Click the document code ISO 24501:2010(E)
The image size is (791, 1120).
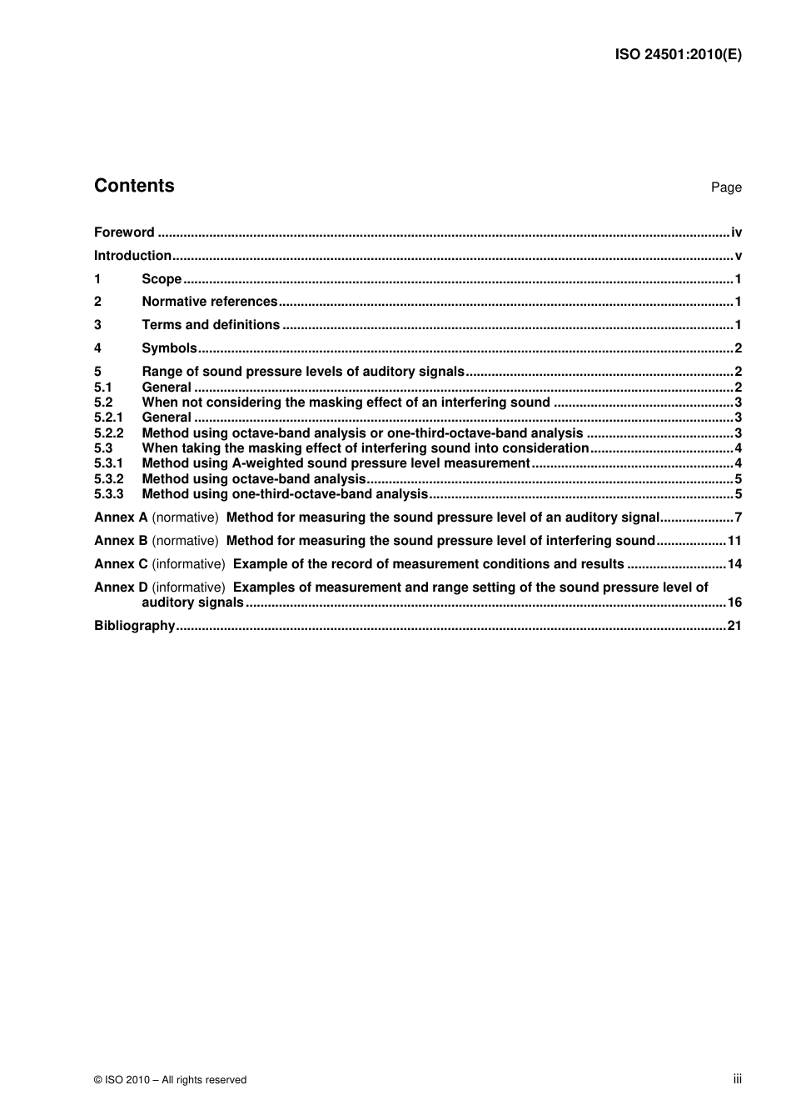coord(678,55)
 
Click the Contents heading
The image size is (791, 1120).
coord(134,186)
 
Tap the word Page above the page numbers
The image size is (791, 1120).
coord(726,187)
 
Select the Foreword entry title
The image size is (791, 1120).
coord(124,232)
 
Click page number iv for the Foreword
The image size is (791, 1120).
coord(736,232)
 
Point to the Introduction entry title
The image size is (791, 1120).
coord(132,256)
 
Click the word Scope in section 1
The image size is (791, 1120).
coord(162,279)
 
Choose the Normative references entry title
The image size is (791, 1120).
coord(210,302)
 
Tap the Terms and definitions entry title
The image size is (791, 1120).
coord(211,325)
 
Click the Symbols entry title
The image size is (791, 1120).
coord(169,348)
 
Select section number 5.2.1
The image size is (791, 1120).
coord(108,417)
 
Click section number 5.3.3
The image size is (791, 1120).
coord(108,494)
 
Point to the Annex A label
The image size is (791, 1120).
coord(121,517)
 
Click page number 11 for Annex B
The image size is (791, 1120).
coord(734,541)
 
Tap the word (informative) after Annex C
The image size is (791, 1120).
coord(188,564)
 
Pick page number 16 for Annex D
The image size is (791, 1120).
coord(734,602)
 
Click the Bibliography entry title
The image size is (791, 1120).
coord(134,626)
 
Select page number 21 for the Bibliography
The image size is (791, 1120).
coord(734,626)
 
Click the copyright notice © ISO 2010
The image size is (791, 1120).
coord(171,1080)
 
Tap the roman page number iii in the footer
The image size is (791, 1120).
coord(737,1079)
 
